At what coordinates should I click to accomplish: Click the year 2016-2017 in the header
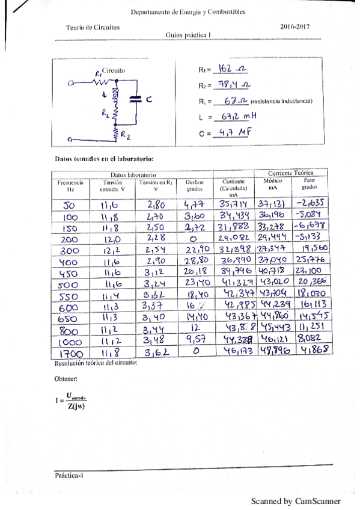tap(295, 27)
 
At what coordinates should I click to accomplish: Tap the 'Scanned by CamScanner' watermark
tap(296, 500)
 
